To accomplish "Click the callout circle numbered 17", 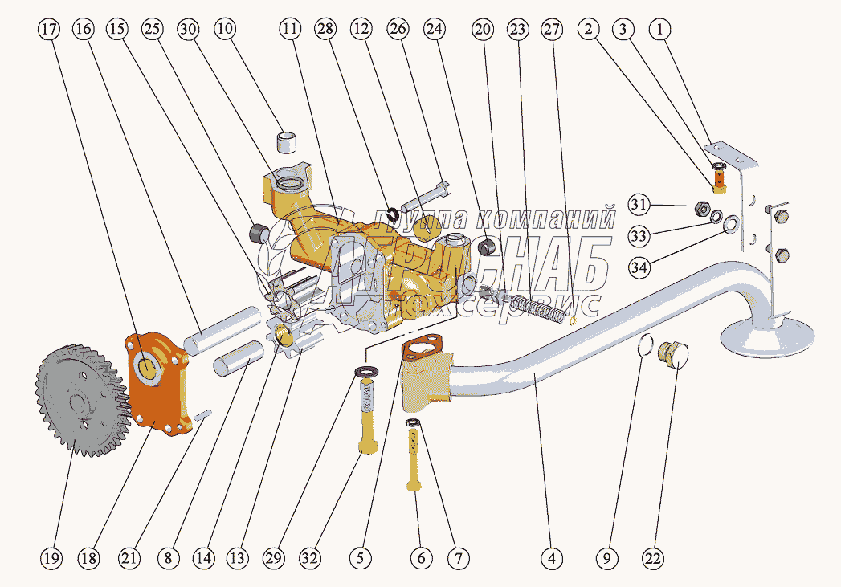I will click(x=48, y=30).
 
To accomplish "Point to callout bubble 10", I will click(x=225, y=30).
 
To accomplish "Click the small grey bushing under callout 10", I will click(x=287, y=141).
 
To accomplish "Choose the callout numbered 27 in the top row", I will click(x=551, y=30).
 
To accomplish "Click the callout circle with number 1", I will click(x=660, y=30).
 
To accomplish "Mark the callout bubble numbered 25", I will click(x=153, y=30).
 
